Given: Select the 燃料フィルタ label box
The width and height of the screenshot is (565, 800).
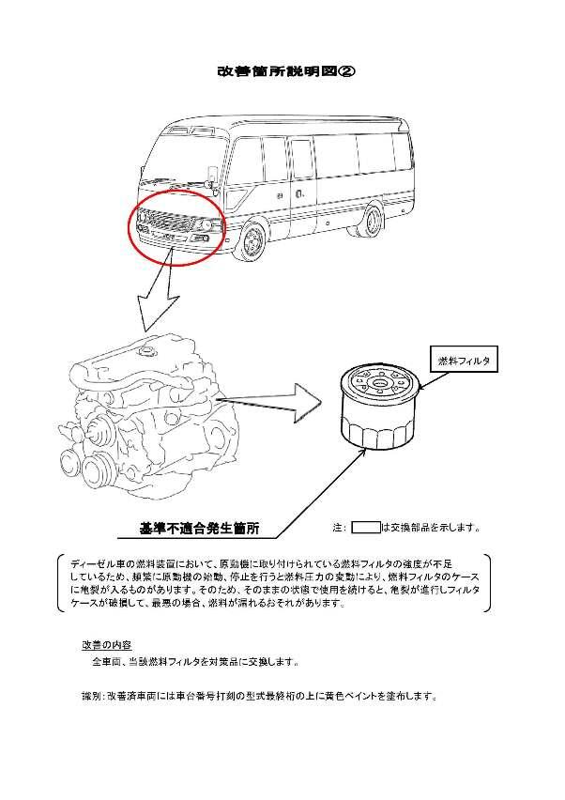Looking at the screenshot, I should [463, 360].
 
